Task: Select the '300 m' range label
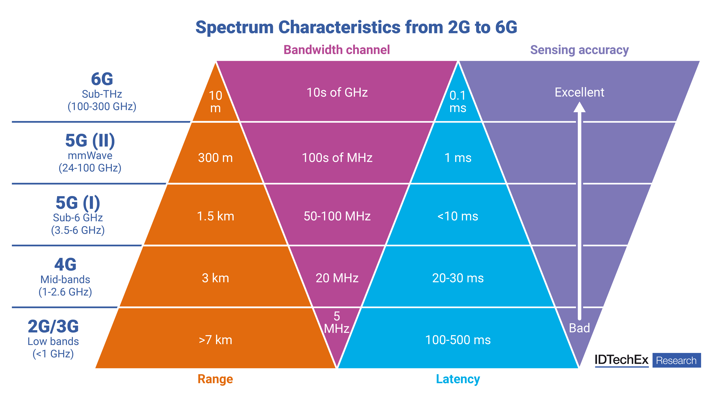(215, 158)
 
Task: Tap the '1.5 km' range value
(215, 216)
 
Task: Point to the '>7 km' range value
(215, 340)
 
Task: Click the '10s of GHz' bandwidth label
(337, 92)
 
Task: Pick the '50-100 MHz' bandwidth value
(337, 216)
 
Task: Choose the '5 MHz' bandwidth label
(337, 322)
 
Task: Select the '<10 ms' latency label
(458, 216)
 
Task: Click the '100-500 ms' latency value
(458, 340)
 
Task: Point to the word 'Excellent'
(579, 92)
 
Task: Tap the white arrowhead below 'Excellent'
(579, 107)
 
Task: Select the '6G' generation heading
(102, 79)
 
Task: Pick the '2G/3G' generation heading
(53, 327)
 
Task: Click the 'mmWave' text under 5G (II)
(90, 156)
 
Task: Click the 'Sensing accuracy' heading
(579, 50)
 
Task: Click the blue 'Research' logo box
(676, 360)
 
